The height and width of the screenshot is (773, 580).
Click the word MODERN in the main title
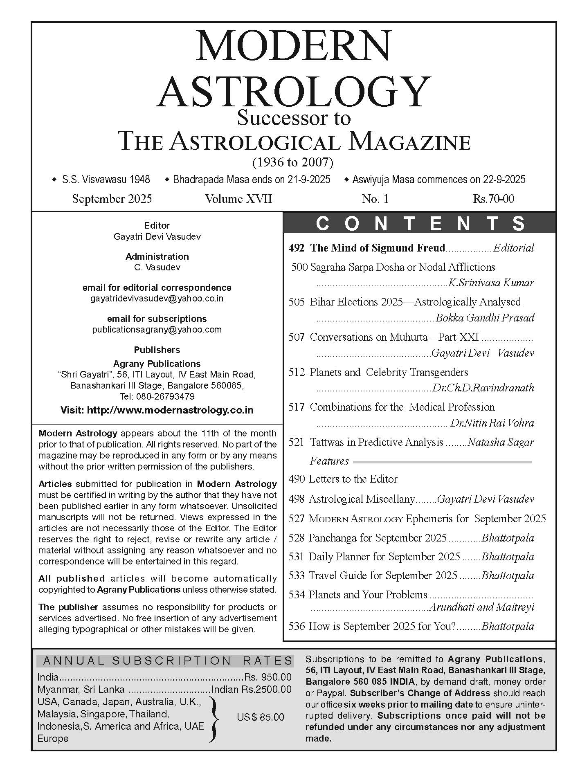point(293,47)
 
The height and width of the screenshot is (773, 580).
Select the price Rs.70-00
point(493,199)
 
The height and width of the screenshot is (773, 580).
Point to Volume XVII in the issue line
point(238,199)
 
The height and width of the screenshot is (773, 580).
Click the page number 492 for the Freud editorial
point(297,248)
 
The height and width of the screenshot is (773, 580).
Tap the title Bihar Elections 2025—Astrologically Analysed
point(415,302)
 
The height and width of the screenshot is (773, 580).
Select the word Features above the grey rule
point(329,461)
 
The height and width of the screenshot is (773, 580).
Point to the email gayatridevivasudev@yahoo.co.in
point(157,298)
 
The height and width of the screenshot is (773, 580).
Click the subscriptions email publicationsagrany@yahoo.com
point(157,329)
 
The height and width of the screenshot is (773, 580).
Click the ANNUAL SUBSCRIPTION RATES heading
point(168,661)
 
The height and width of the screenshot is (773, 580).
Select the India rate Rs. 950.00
point(268,677)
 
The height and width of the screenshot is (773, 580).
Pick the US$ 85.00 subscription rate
point(260,717)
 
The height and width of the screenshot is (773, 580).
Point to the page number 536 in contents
point(297,626)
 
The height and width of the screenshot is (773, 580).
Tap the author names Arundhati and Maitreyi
point(481,607)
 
